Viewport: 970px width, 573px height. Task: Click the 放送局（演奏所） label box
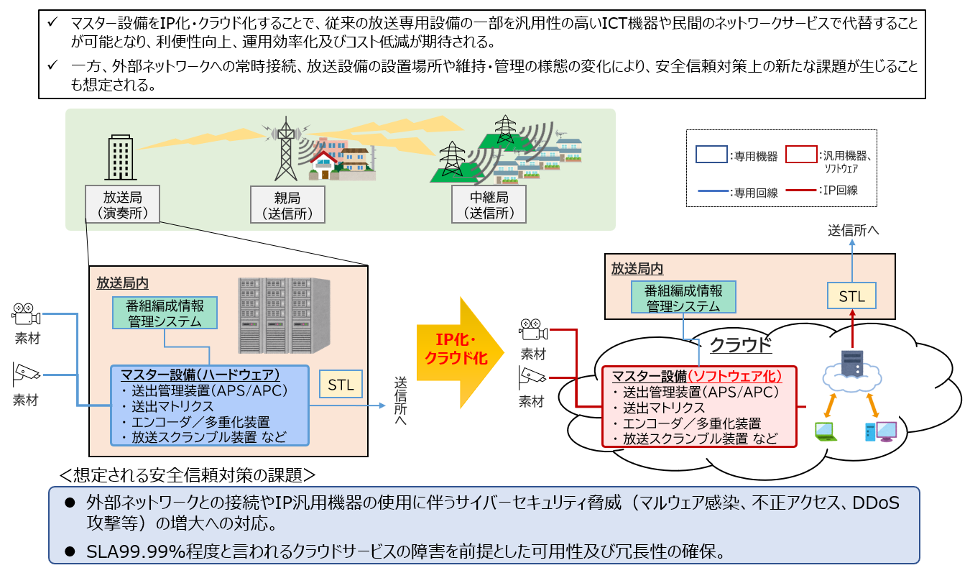pos(123,204)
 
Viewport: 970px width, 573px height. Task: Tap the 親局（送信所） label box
pos(287,205)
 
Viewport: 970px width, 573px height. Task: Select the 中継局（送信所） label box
pos(489,204)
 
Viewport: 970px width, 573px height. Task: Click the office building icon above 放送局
pos(121,157)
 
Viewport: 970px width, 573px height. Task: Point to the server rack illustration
pos(285,316)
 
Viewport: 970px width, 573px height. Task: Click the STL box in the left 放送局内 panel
pos(341,384)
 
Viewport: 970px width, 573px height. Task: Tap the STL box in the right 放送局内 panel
pos(851,295)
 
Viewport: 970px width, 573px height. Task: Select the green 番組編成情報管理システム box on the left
pos(165,313)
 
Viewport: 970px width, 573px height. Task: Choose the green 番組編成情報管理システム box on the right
pos(683,298)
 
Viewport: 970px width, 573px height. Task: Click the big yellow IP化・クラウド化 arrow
pos(460,352)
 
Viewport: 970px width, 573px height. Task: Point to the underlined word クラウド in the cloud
pos(741,345)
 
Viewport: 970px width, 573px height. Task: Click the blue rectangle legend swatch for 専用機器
pos(711,155)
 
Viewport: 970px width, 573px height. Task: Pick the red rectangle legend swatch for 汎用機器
pos(801,155)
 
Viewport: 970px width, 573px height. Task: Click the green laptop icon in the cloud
pos(826,431)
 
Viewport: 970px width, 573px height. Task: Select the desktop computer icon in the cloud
pos(880,431)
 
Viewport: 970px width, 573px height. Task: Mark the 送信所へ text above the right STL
pos(853,230)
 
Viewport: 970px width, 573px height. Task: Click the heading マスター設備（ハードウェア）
pos(200,375)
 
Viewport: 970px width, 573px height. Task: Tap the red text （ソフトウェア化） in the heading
pos(734,376)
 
